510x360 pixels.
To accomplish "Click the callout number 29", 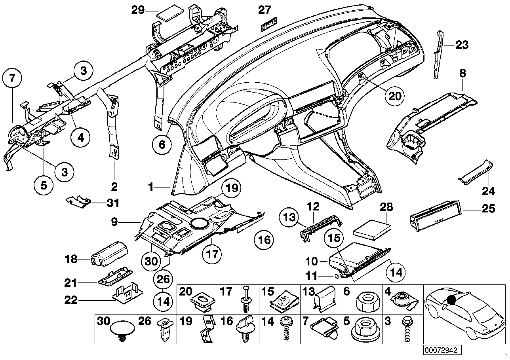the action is click(138, 10).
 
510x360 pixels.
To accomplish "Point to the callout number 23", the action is click(462, 45).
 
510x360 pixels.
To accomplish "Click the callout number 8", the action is click(462, 74).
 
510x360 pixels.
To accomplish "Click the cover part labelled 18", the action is click(110, 253).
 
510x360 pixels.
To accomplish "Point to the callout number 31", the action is click(113, 203).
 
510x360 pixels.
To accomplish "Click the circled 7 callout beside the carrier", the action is click(12, 78).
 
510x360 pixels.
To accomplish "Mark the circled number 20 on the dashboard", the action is click(394, 96).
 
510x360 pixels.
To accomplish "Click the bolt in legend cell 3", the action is click(407, 329).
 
